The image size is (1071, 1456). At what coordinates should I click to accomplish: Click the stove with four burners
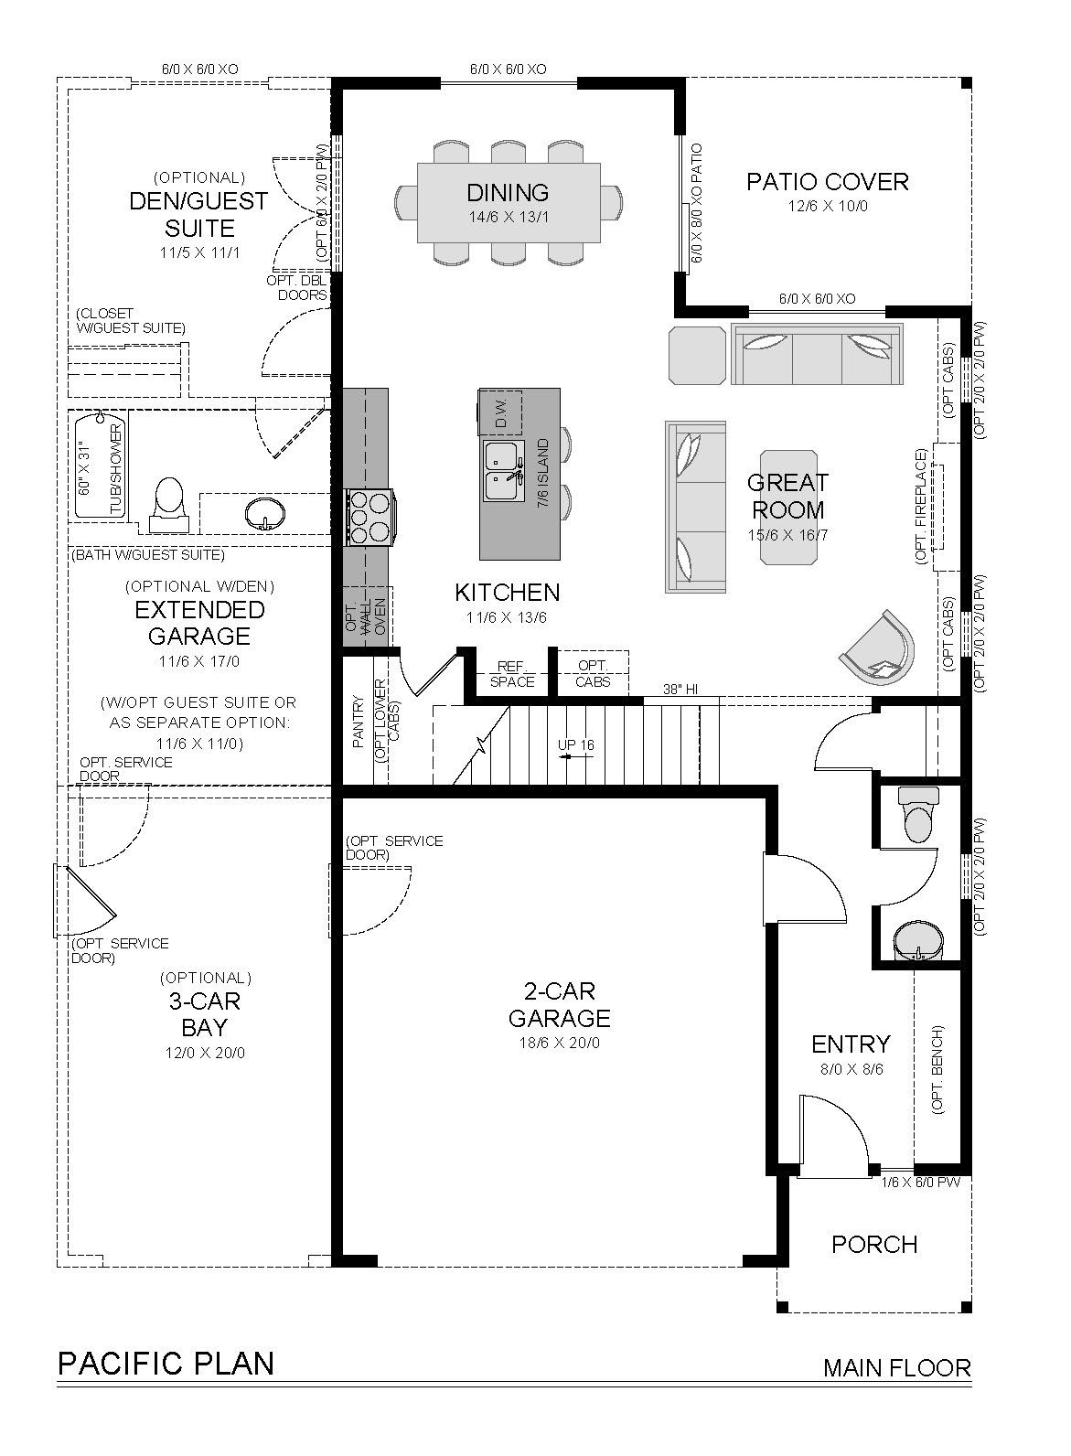click(x=369, y=518)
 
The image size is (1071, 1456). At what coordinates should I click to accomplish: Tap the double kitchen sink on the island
click(x=504, y=471)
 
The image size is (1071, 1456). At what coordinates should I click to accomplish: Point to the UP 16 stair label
click(x=576, y=744)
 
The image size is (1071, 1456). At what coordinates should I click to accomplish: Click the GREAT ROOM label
click(x=787, y=497)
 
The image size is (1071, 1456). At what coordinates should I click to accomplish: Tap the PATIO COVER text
click(x=828, y=182)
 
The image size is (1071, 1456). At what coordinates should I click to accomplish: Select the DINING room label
click(x=509, y=192)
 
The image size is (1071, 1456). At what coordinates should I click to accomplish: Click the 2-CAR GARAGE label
click(x=560, y=1004)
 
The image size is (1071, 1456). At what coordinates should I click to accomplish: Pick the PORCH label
click(x=874, y=1244)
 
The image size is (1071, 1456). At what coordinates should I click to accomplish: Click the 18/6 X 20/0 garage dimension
click(x=560, y=1044)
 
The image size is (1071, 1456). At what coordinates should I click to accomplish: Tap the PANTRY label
click(x=358, y=722)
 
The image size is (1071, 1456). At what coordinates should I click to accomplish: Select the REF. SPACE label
click(x=512, y=674)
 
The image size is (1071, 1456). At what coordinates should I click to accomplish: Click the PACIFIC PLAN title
click(x=166, y=1363)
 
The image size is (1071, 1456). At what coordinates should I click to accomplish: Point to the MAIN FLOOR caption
click(x=897, y=1368)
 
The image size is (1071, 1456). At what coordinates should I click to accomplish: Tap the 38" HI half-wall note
click(x=680, y=689)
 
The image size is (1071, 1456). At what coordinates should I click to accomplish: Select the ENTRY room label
click(x=851, y=1044)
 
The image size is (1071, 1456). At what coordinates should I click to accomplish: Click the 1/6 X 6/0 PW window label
click(x=921, y=1183)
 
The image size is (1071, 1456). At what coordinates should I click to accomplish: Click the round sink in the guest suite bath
click(x=265, y=514)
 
